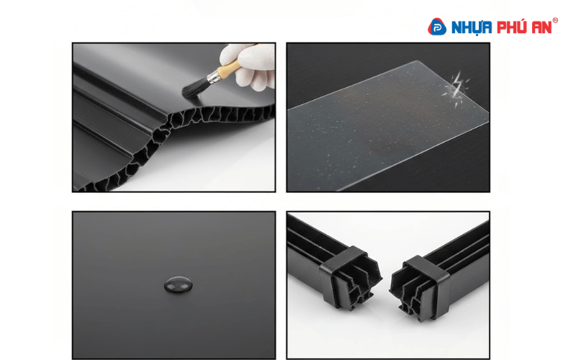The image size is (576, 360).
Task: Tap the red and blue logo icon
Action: point(438,27)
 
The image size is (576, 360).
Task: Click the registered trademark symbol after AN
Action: point(555,20)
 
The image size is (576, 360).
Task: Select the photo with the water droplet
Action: point(173,284)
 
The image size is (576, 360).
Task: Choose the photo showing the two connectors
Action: point(387,284)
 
